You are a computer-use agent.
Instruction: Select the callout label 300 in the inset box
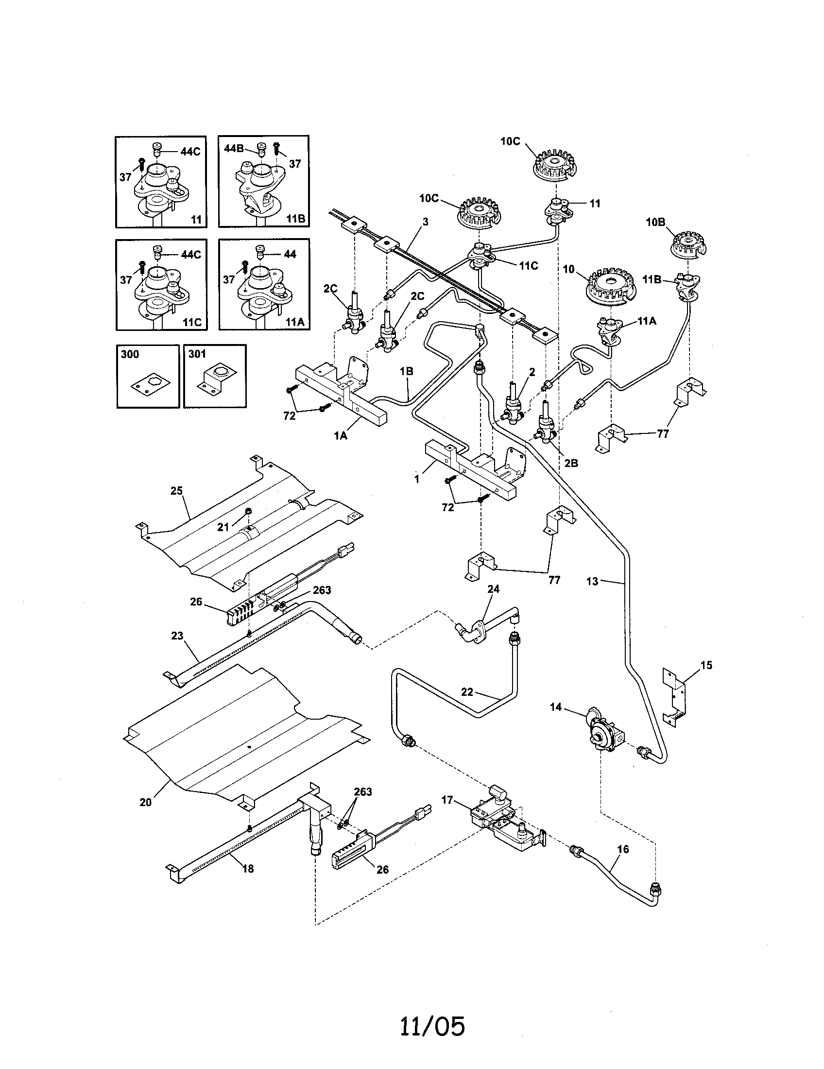(130, 354)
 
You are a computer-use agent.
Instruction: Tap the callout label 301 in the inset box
(197, 354)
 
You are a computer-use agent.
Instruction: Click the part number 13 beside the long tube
(592, 582)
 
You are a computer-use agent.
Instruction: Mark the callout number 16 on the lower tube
(623, 849)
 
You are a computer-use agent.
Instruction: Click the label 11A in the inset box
(295, 323)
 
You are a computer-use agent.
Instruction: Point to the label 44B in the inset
(233, 148)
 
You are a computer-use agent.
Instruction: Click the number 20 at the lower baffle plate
(145, 802)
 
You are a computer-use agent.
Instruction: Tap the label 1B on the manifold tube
(406, 371)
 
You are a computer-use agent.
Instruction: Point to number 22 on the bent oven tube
(467, 691)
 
